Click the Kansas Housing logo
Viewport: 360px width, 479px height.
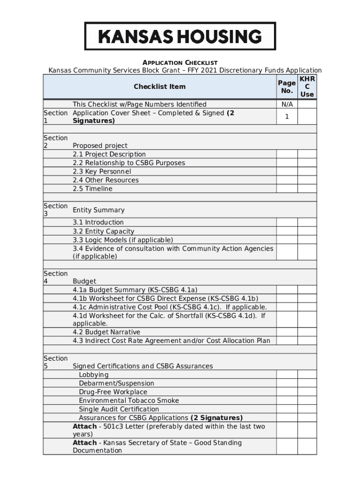tap(180, 36)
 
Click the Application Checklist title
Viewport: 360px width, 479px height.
tap(180, 63)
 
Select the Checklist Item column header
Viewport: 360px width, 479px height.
tap(159, 87)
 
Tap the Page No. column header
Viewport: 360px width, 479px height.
tap(287, 87)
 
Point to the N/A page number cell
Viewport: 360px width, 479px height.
tap(287, 104)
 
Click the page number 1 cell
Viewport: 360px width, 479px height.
tap(287, 117)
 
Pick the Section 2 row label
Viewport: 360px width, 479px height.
tap(56, 142)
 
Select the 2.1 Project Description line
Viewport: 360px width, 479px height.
tap(109, 154)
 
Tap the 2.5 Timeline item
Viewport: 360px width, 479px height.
tap(93, 189)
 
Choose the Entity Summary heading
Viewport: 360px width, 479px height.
tap(99, 210)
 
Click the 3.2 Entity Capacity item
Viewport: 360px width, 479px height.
tap(103, 232)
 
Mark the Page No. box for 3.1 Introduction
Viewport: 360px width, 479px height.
tap(287, 223)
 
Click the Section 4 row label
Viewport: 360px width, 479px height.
tap(56, 277)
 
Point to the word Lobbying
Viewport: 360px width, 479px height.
tap(94, 375)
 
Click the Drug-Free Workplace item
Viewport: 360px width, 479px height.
tap(113, 392)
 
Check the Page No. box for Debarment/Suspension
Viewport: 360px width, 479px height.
tap(287, 384)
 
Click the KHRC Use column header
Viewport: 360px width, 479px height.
tap(307, 87)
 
